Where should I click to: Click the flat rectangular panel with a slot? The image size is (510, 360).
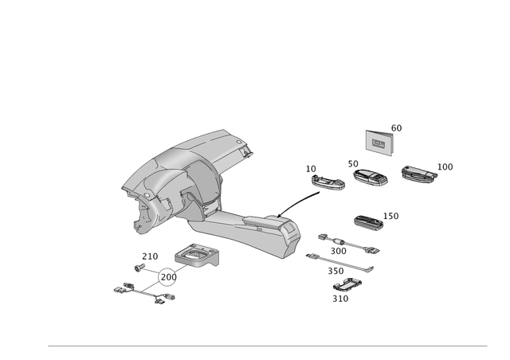[379, 141]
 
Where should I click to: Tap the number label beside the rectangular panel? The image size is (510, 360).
[396, 127]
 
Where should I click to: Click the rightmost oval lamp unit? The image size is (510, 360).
[418, 174]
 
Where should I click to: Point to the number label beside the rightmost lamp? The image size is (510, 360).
[446, 166]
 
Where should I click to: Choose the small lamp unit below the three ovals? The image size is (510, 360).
[368, 222]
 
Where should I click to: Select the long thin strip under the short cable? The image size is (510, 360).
[339, 262]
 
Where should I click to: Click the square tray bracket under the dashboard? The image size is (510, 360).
[196, 254]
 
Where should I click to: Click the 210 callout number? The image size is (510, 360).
[149, 256]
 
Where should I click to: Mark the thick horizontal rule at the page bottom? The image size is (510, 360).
[267, 346]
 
